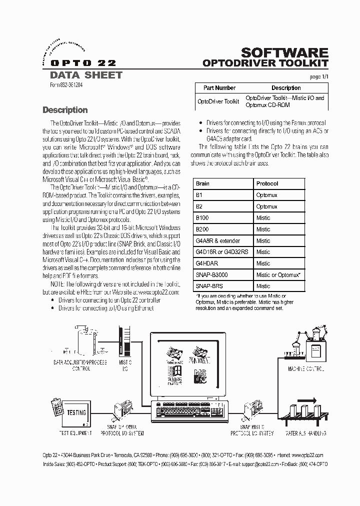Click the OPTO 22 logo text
[x=79, y=63]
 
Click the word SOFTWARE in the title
[x=284, y=53]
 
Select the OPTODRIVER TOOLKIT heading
[x=265, y=64]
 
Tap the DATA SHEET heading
[x=86, y=75]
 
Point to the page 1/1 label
[x=318, y=76]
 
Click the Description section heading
[x=65, y=110]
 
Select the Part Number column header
[x=218, y=88]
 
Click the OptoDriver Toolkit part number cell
[x=218, y=101]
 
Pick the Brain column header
[x=202, y=183]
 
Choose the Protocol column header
[x=267, y=183]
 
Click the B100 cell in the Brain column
[x=202, y=218]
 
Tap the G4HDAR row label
[x=207, y=263]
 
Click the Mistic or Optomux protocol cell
[x=278, y=275]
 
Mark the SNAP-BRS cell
[x=210, y=286]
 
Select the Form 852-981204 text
[x=67, y=85]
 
